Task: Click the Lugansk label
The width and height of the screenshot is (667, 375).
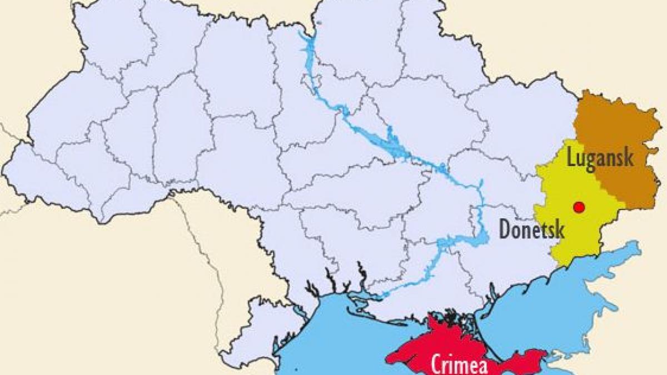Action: click(x=600, y=158)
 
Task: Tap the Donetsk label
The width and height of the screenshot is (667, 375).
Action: click(x=531, y=228)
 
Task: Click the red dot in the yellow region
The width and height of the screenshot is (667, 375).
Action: click(x=579, y=207)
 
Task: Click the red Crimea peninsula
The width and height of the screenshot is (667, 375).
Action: click(x=445, y=342)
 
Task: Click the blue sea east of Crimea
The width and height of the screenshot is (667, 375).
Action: click(x=556, y=311)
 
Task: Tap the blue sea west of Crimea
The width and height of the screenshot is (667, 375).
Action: click(x=345, y=333)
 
